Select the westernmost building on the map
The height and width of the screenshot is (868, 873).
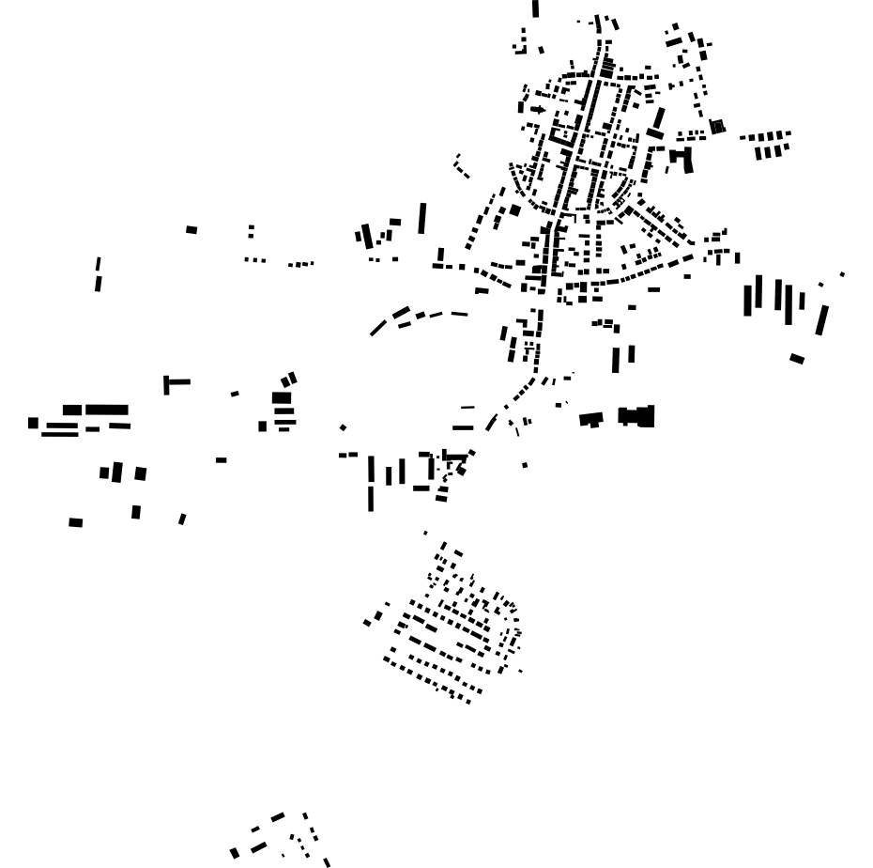pos(33,423)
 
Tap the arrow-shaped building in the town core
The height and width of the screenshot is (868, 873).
pos(538,109)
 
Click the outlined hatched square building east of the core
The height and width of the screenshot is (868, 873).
pos(717,126)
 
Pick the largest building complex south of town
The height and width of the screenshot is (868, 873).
pos(637,416)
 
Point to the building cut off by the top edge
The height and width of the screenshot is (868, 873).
pos(536,8)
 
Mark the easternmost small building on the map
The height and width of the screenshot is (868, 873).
pos(842,274)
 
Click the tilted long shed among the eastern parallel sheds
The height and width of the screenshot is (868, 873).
pos(822,319)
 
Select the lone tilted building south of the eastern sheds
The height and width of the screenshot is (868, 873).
pos(797,358)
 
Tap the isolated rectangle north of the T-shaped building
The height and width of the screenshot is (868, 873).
pos(191,229)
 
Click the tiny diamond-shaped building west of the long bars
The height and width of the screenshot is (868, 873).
pos(343,427)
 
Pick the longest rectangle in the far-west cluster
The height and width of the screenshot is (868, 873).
pos(107,410)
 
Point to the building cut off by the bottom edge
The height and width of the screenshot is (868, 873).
pos(327,861)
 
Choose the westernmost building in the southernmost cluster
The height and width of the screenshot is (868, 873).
pos(235,853)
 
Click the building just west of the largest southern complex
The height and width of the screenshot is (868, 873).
pos(590,419)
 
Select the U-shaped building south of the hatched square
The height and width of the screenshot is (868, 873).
pos(682,157)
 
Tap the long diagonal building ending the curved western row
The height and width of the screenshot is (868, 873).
pos(377,328)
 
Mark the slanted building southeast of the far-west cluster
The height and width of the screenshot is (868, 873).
pos(182,519)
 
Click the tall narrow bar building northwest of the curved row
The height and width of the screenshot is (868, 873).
pos(422,218)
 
